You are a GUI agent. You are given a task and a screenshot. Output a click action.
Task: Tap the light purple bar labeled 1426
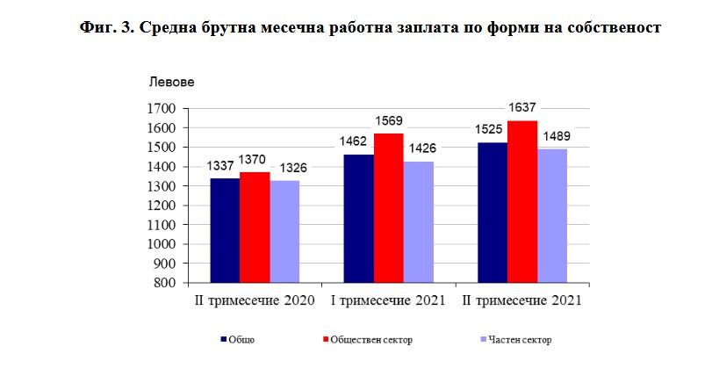click(x=419, y=222)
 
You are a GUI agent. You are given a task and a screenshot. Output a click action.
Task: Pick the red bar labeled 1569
click(x=388, y=208)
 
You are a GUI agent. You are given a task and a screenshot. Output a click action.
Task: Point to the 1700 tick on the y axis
click(x=163, y=109)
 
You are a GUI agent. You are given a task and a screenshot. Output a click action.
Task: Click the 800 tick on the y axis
click(x=167, y=283)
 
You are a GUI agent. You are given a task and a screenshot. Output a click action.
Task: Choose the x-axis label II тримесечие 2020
click(x=255, y=300)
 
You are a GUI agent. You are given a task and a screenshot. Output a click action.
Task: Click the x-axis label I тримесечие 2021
click(x=387, y=300)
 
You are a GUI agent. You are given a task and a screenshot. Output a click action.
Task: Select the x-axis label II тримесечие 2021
click(x=522, y=300)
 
